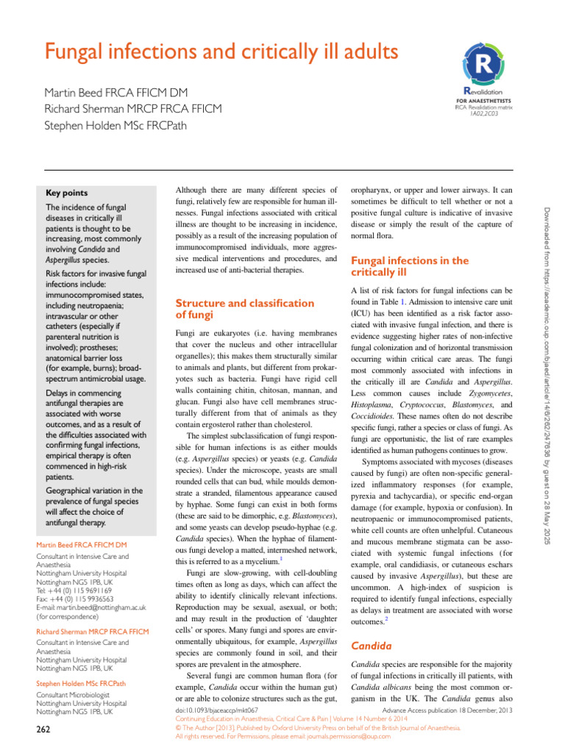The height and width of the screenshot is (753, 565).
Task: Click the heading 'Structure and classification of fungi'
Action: click(244, 309)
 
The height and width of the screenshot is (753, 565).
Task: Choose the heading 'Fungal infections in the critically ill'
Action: click(409, 266)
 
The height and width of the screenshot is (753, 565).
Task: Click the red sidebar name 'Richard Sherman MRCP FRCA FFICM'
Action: click(92, 632)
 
